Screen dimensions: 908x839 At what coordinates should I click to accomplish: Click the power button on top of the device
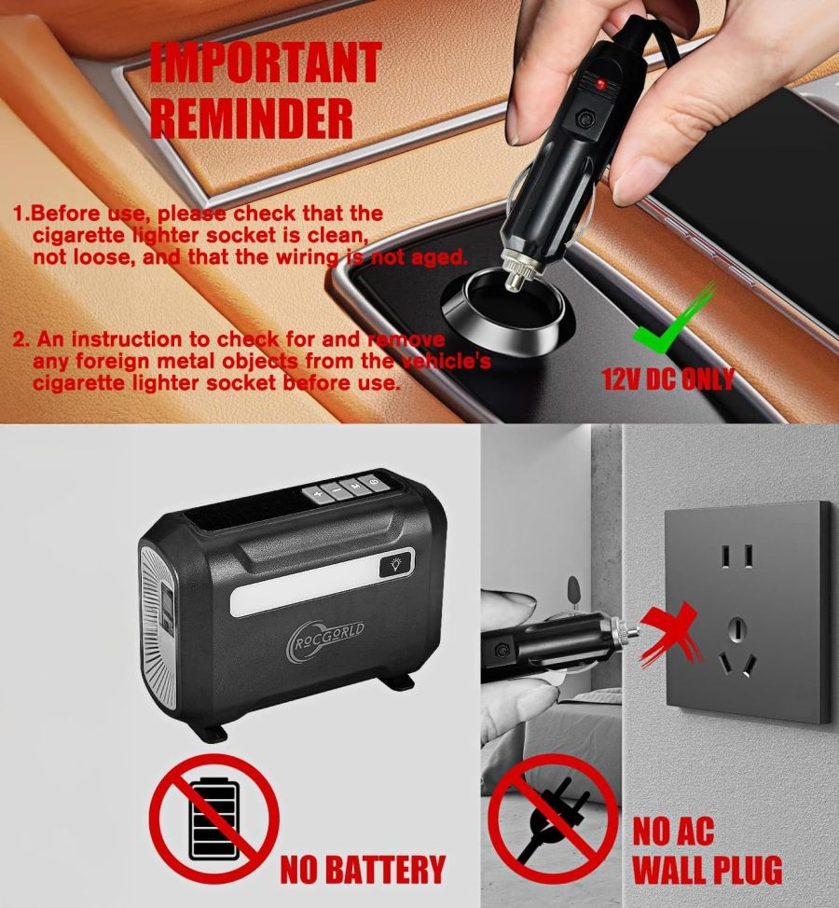pos(373,482)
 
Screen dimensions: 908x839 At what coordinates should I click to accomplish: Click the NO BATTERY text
pos(363,868)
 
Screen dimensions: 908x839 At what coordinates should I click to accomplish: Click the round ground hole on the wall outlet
pos(736,626)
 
